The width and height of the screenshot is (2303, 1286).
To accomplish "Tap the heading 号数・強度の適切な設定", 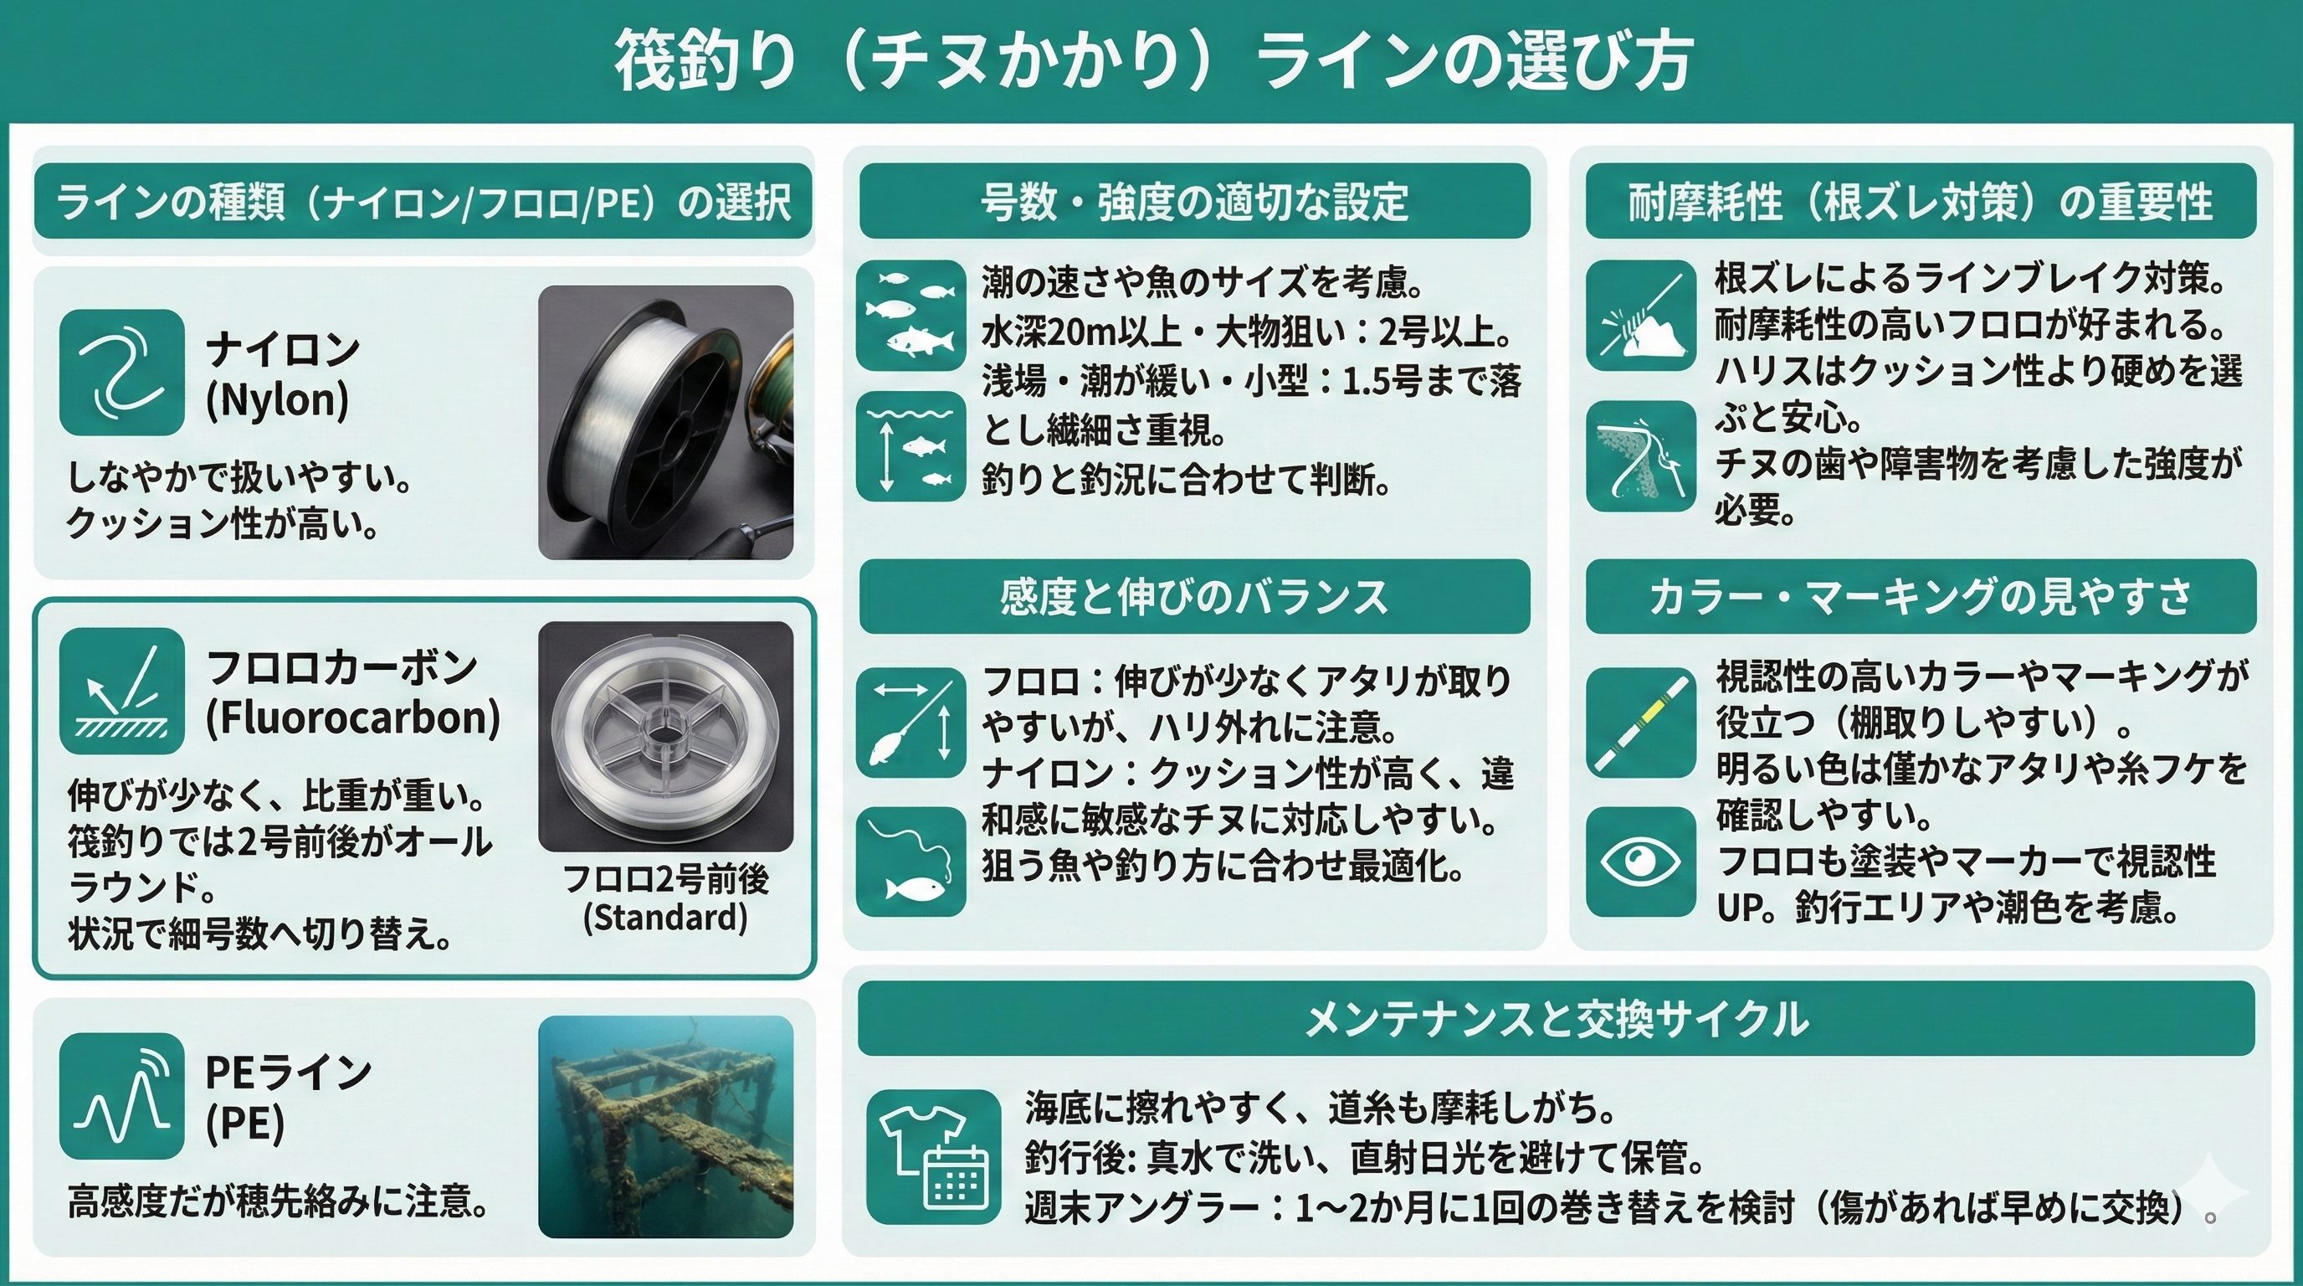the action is tap(1194, 201).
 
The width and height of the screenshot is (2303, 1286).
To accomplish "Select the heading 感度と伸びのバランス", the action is tap(1194, 596).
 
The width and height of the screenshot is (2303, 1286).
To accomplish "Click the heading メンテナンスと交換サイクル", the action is tap(1556, 1019).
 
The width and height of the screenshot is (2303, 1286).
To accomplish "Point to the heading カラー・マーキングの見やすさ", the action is tap(1921, 596).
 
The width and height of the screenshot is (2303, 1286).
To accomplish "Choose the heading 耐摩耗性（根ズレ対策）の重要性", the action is tap(1921, 201).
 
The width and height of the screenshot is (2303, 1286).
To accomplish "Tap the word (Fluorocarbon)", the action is tap(353, 718).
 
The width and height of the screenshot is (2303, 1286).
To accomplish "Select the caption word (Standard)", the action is tap(665, 918).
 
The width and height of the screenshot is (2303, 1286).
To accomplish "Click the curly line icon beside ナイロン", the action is tap(121, 372).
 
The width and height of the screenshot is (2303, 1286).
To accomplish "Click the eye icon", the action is tap(1640, 862).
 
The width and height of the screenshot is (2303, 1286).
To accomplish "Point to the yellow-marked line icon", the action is tap(1640, 723).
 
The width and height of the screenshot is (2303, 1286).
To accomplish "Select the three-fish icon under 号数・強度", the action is tap(911, 316).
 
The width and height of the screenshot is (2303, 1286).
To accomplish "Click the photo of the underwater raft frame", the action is tap(665, 1127).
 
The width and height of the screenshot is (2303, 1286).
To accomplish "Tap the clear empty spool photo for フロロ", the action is tap(665, 736).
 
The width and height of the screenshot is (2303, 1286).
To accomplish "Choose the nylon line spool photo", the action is tap(665, 422).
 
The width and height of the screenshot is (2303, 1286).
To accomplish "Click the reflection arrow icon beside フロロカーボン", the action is tap(121, 691).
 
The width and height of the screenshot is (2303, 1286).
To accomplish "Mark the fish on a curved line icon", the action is tap(911, 862).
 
